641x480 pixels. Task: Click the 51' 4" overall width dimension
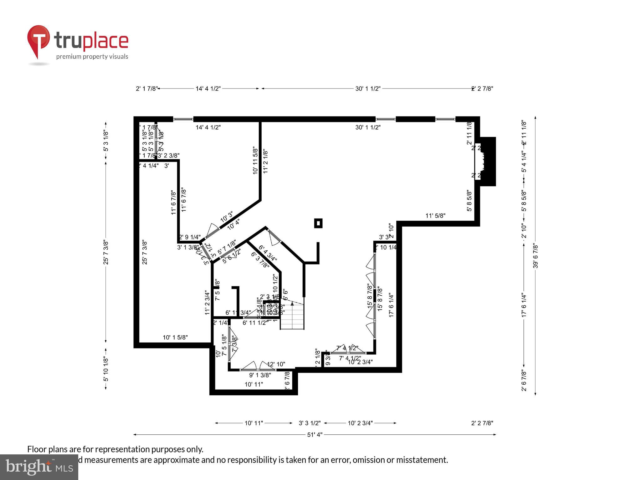315,434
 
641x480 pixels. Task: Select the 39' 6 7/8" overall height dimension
536,256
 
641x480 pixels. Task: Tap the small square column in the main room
318,223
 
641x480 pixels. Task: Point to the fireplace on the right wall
486,162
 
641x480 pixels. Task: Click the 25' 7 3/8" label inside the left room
145,252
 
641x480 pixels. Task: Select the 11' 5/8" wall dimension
435,216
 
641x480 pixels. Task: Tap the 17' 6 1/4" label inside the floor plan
391,305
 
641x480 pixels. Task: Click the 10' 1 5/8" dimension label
175,337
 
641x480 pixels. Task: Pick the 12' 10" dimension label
276,364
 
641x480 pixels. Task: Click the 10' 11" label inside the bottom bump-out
254,384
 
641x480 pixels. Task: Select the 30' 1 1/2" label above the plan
368,89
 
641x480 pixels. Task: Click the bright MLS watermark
39,467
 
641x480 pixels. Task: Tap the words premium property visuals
92,57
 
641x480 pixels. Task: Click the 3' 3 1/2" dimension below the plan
310,423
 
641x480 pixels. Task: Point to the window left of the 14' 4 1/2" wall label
183,119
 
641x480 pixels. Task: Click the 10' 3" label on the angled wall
227,217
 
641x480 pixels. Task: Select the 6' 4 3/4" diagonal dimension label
268,253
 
